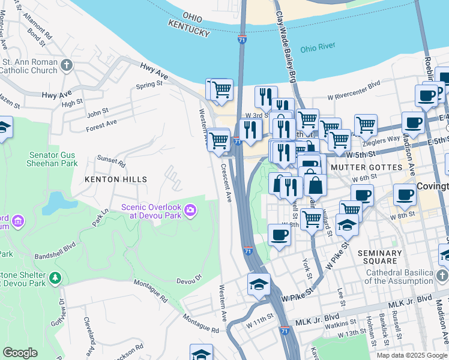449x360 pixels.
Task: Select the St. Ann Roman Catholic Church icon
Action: point(67,65)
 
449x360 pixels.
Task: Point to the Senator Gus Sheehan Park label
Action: point(53,158)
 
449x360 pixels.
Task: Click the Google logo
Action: point(20,352)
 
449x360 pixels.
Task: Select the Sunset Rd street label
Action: point(112,162)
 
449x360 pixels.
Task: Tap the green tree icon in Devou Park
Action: point(55,278)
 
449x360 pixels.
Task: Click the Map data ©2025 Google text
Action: point(411,355)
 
